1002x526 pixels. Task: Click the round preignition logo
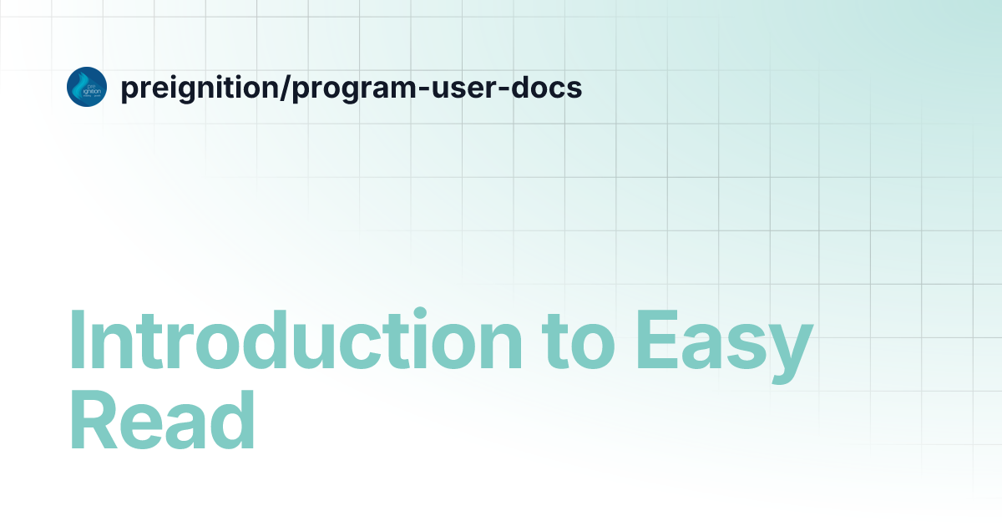87,87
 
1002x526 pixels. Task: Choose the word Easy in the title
723,342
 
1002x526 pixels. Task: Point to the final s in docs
574,89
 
